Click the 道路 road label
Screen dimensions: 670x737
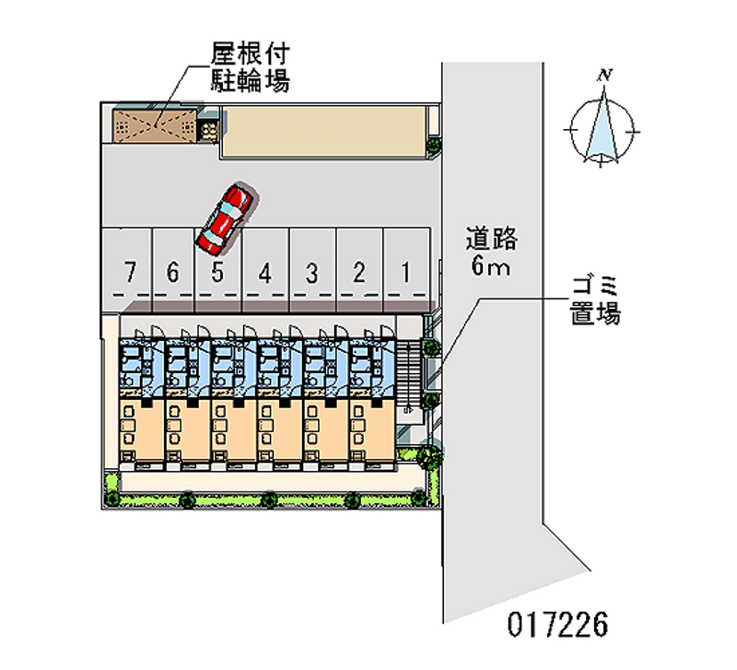click(x=491, y=241)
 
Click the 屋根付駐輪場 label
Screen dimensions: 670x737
click(x=252, y=67)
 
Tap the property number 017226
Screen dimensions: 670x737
click(x=557, y=626)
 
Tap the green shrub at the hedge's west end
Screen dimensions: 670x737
click(x=111, y=499)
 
